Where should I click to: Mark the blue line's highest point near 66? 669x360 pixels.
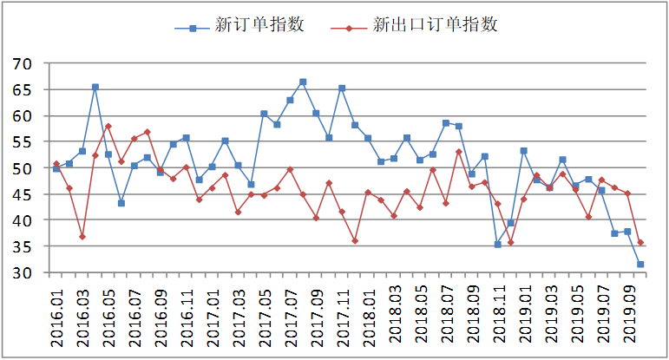click(x=303, y=82)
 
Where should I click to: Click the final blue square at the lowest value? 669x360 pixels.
click(x=640, y=265)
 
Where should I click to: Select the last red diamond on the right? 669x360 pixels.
click(x=640, y=243)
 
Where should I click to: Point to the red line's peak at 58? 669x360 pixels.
click(x=108, y=126)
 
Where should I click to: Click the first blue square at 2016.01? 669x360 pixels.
click(x=56, y=168)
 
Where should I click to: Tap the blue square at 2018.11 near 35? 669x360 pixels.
click(x=497, y=245)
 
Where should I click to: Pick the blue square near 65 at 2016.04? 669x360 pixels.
click(x=95, y=87)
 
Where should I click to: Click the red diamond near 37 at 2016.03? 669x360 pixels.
click(x=82, y=237)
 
